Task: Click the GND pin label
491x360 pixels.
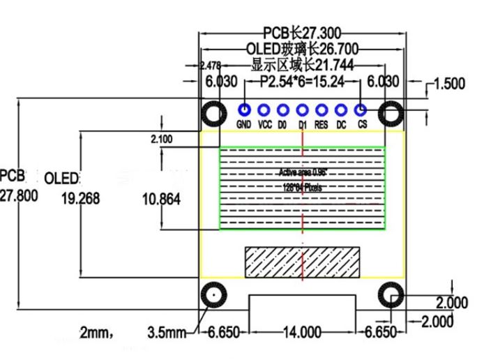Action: (243, 125)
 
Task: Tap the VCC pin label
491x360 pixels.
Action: (264, 125)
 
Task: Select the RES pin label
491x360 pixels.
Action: (322, 125)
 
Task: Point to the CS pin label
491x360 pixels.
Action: (362, 125)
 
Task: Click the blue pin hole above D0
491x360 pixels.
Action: (283, 110)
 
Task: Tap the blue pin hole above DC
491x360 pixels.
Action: (341, 110)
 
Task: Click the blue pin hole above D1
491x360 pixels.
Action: (303, 110)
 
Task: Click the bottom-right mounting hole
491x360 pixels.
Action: (391, 296)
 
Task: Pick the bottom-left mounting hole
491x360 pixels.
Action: (213, 296)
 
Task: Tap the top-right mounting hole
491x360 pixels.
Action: (391, 113)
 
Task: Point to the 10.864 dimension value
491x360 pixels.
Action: (161, 200)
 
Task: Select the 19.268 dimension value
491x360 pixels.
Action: (81, 200)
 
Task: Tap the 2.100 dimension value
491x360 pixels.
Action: (161, 139)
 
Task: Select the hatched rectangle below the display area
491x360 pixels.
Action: (303, 263)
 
